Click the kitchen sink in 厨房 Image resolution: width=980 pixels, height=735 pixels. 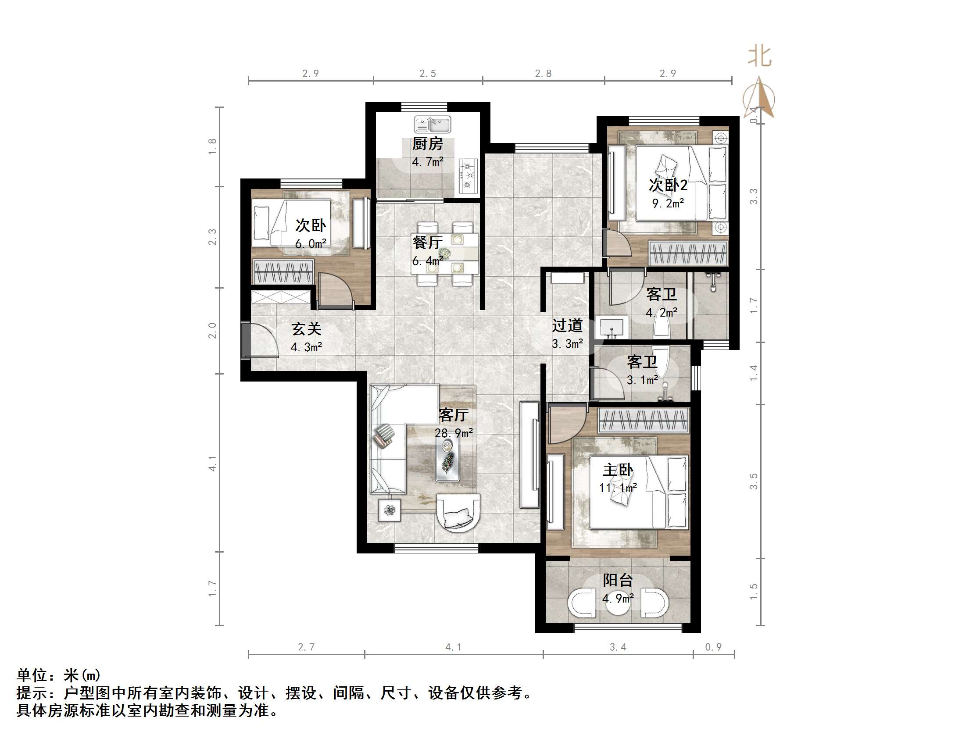(433, 125)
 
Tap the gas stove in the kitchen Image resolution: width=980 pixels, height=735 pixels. (468, 176)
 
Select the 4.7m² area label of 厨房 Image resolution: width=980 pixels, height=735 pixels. (428, 162)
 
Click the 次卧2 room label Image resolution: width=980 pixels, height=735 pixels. (668, 185)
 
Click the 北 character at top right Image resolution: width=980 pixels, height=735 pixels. (759, 57)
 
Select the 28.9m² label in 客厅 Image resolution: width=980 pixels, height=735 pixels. (453, 433)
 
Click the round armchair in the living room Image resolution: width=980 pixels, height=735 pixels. (458, 512)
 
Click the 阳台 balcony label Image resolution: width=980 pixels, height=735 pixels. (618, 580)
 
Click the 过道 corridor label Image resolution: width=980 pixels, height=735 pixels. (567, 326)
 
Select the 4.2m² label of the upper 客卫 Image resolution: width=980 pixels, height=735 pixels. (662, 313)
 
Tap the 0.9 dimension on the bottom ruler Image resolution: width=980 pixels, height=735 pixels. (713, 647)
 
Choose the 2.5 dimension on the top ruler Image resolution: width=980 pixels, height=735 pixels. (428, 74)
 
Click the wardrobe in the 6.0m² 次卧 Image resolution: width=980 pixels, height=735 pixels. (283, 271)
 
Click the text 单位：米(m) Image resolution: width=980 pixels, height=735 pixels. (59, 675)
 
